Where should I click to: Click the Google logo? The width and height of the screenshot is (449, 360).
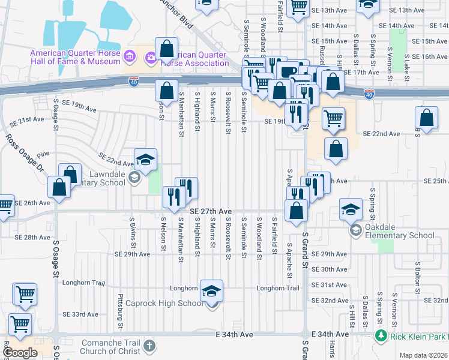[20, 353]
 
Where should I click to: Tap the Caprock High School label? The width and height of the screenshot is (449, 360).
[174, 303]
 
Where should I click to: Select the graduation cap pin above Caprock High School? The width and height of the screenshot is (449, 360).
[211, 291]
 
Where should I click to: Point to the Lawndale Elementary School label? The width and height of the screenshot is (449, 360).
[99, 178]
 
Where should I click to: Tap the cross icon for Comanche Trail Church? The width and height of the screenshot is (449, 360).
[149, 346]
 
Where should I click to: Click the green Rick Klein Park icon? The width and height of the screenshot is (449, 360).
[379, 335]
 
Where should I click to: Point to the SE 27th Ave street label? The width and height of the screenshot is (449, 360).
[211, 212]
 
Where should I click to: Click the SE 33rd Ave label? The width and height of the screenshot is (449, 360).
[80, 314]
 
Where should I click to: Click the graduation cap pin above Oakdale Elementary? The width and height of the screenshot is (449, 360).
[351, 210]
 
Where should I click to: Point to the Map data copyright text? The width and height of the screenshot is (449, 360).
[424, 355]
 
